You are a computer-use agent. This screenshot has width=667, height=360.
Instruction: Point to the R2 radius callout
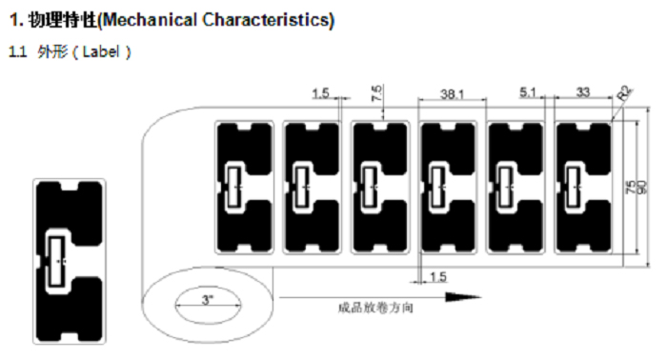pos(625,94)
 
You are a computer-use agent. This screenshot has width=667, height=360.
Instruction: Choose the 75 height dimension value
pos(631,188)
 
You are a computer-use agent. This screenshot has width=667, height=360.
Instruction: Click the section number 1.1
pos(17,51)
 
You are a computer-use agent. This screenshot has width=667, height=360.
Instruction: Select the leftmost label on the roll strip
pos(246,186)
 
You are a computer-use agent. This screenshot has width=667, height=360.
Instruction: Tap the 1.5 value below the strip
pos(437,276)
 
